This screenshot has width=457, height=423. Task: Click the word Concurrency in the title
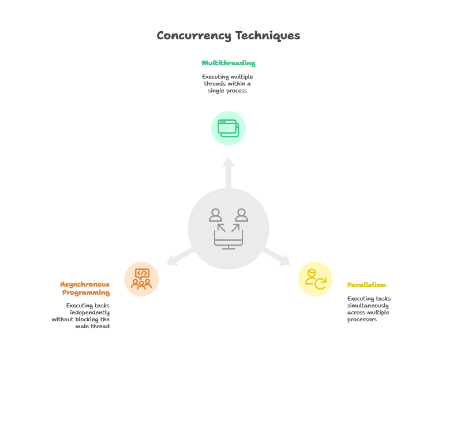click(x=194, y=36)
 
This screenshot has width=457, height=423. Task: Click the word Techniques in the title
click(x=267, y=36)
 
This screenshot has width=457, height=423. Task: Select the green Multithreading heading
click(x=228, y=63)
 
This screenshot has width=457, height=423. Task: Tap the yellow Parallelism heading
click(x=366, y=285)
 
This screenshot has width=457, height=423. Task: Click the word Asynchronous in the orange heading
click(x=85, y=284)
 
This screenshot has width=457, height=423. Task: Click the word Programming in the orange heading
click(x=86, y=292)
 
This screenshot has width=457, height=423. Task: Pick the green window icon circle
click(x=228, y=128)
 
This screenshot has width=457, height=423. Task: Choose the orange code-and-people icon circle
click(x=141, y=279)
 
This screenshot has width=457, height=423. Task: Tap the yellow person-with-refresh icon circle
click(x=315, y=279)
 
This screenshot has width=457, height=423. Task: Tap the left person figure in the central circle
click(x=215, y=215)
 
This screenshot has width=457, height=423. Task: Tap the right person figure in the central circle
click(x=241, y=215)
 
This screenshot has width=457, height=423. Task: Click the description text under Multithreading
click(x=227, y=84)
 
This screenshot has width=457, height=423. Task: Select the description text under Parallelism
click(x=369, y=309)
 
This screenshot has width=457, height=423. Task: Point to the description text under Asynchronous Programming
click(x=81, y=316)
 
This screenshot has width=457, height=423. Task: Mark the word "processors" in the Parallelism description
click(x=362, y=320)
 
